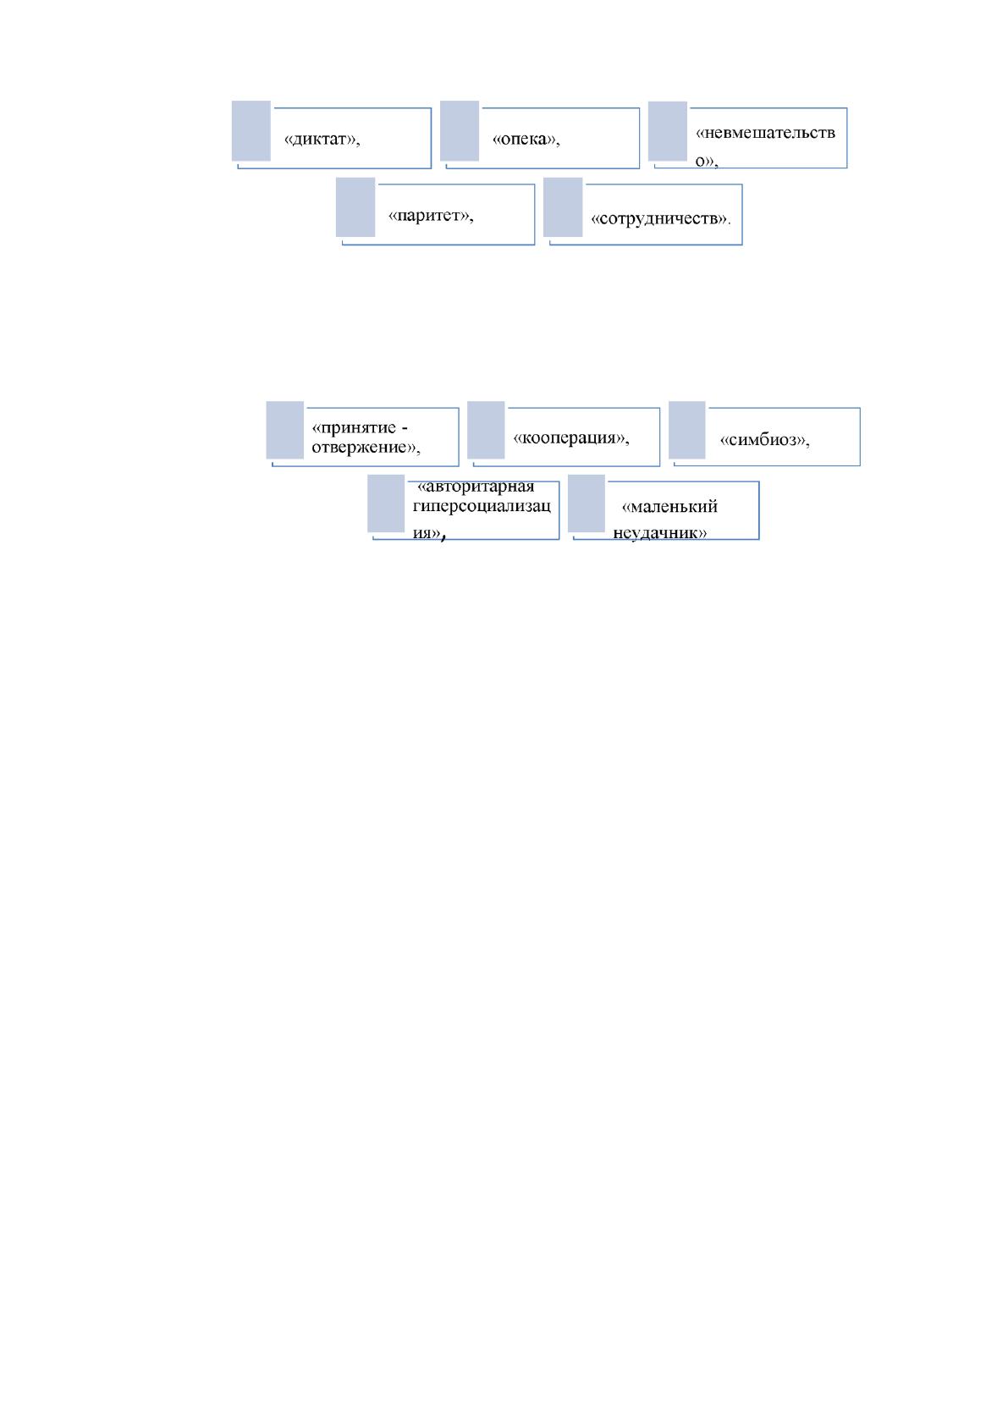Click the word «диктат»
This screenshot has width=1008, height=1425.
322,139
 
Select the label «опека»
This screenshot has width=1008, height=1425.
526,139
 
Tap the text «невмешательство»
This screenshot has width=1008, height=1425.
765,146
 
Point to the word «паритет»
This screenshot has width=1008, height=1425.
431,215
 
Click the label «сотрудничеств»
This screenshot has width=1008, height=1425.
660,218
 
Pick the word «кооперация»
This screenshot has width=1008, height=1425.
570,437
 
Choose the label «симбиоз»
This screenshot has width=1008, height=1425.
764,439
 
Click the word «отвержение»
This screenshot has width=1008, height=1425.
366,448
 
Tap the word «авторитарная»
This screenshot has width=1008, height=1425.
476,487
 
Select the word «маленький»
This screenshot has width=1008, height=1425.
669,506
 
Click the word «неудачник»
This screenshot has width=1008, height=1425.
660,531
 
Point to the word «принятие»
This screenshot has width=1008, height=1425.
354,427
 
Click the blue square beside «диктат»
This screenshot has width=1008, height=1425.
251,131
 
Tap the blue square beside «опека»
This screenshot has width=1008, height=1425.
460,131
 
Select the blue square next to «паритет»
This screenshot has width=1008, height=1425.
355,207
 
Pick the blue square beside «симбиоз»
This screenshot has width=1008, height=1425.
686,430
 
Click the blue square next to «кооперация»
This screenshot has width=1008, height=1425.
486,430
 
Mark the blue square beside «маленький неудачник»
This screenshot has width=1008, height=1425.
586,503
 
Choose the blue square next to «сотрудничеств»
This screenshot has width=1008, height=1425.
563,207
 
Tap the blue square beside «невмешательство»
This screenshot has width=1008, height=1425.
668,131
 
